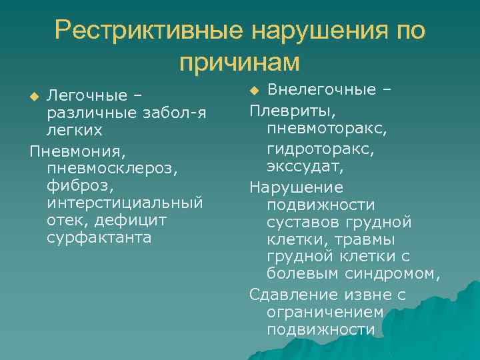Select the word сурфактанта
(x=99, y=237)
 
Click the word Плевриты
(x=293, y=108)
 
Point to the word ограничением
(x=325, y=311)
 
